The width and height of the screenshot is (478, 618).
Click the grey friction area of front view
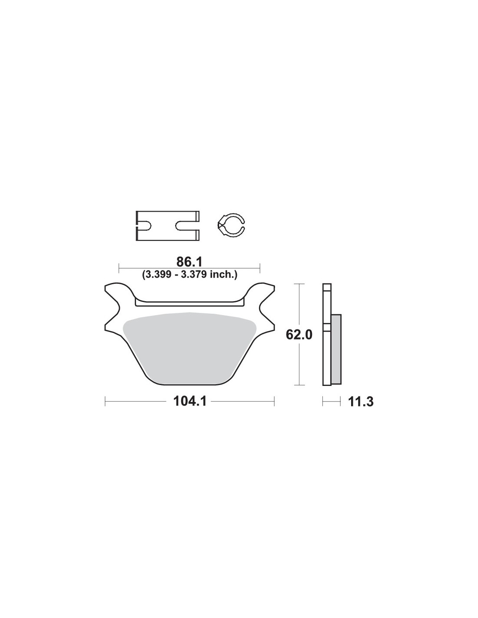[189, 347]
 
